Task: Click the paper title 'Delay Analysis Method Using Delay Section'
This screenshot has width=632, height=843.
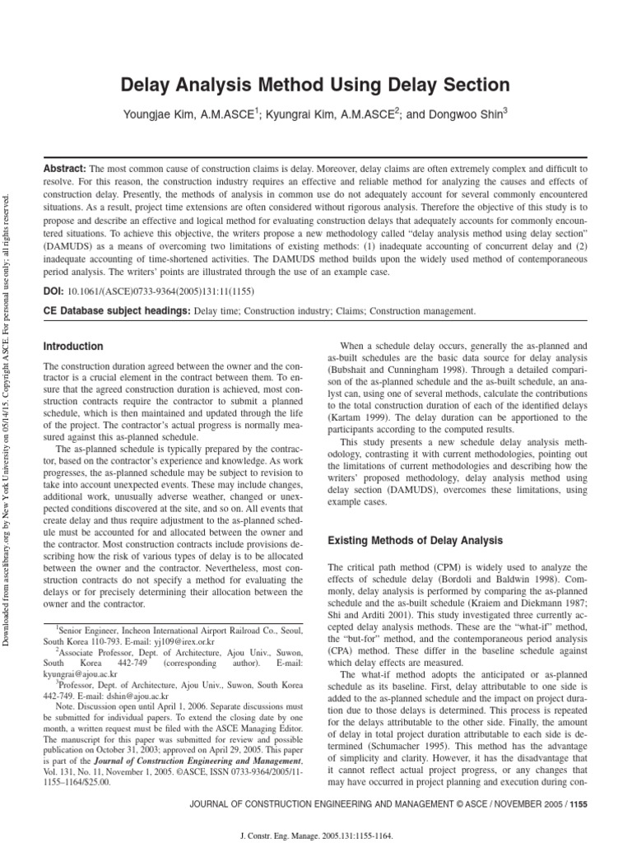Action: (x=316, y=85)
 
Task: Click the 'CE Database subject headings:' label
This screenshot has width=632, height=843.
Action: (x=115, y=311)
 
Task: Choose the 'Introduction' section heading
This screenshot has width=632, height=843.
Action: (x=73, y=347)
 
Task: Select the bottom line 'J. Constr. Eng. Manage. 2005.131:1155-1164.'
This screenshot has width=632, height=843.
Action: (x=316, y=833)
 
